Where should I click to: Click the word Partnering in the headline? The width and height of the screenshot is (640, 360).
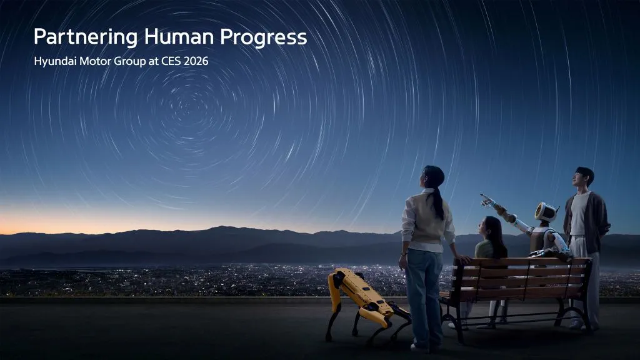[x=85, y=37]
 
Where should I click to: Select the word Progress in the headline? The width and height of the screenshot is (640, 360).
[x=263, y=37]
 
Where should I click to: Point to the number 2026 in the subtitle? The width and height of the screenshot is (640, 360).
[x=195, y=62]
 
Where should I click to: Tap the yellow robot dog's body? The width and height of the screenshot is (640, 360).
[x=366, y=293]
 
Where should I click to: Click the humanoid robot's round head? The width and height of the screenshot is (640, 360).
[x=546, y=212]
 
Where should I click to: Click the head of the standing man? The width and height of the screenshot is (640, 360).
[x=584, y=177]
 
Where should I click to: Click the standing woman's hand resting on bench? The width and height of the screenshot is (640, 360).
[x=464, y=258]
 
